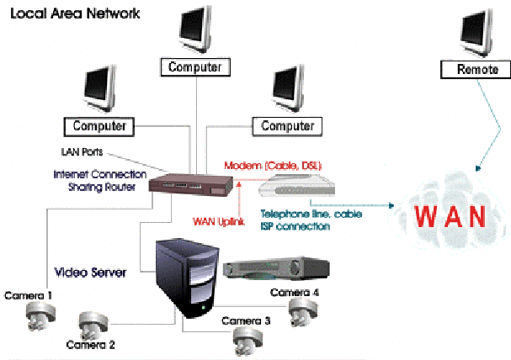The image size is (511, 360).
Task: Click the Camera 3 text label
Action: point(246,320)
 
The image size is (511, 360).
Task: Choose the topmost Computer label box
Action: point(194,66)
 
